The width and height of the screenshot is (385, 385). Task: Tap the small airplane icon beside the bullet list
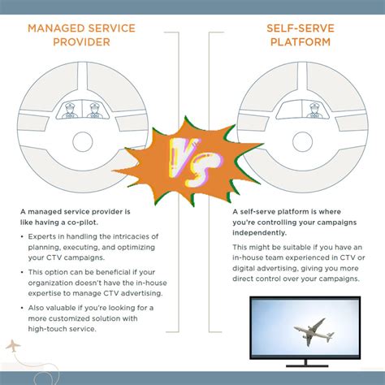click(13, 347)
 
